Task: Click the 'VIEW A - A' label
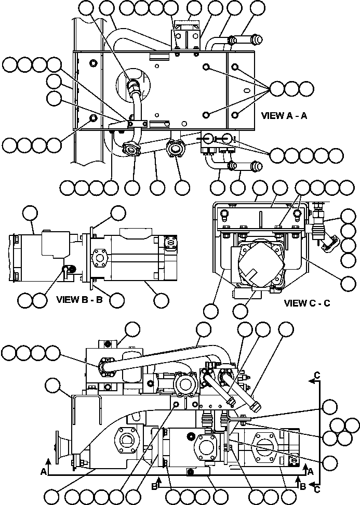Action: coord(285,116)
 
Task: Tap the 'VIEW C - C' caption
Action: coord(307,303)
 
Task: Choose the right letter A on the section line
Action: coord(310,471)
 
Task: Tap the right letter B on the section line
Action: coord(303,486)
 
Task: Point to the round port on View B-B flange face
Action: coord(99,258)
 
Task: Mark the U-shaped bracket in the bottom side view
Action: coord(85,418)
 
